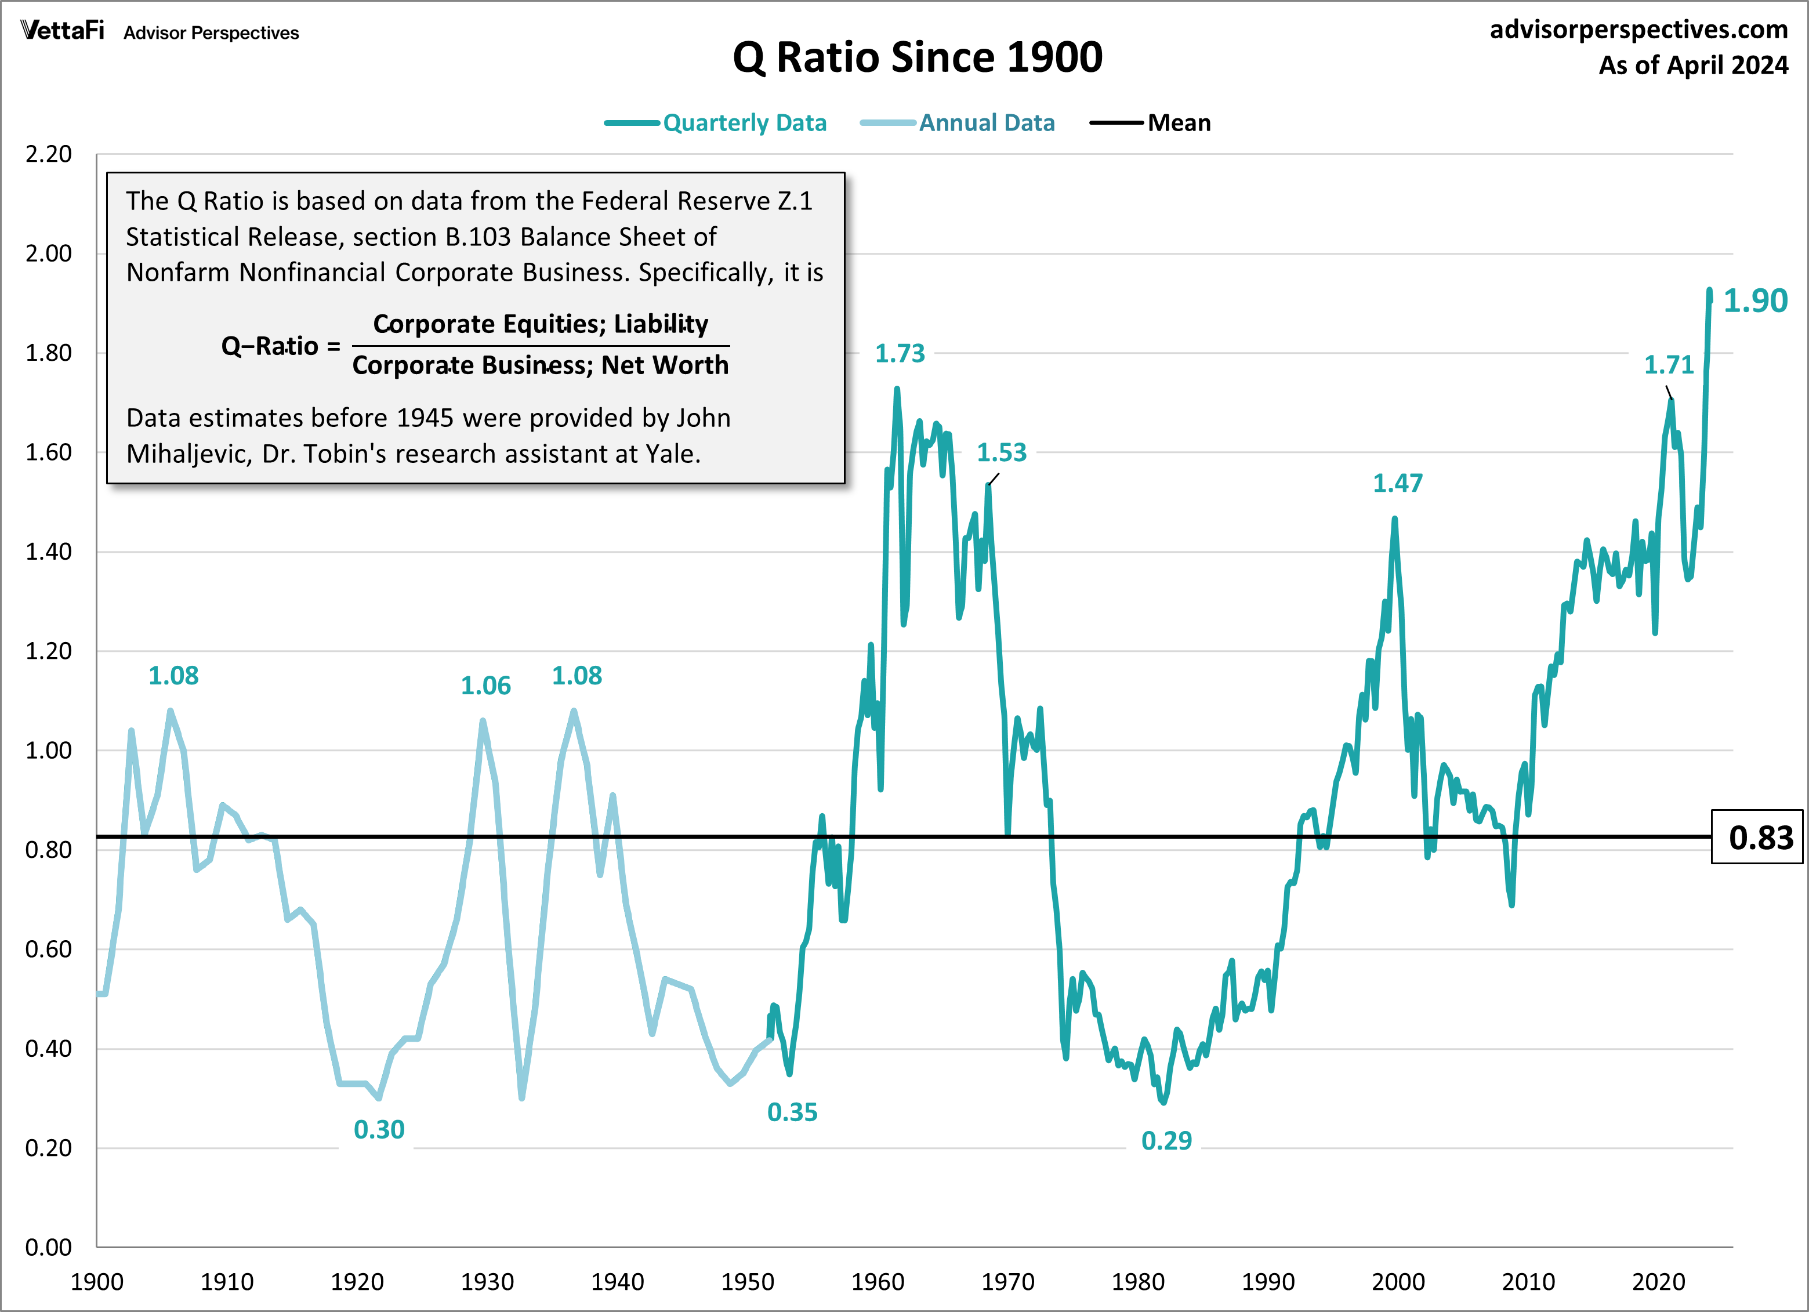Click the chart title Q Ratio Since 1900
[x=918, y=57]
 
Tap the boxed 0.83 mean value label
[x=1760, y=838]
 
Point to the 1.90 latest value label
[x=1754, y=300]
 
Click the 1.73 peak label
[x=900, y=353]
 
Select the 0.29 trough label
[x=1166, y=1140]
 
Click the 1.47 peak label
[x=1397, y=483]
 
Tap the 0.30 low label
[x=379, y=1129]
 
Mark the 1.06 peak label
[x=486, y=686]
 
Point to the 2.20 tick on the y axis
[x=49, y=154]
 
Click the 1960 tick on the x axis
[x=878, y=1282]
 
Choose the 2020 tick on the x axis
[x=1658, y=1282]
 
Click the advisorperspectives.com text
[x=1638, y=30]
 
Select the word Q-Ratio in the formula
[x=270, y=346]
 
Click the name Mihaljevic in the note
[x=189, y=454]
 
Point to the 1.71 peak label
[x=1669, y=365]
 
